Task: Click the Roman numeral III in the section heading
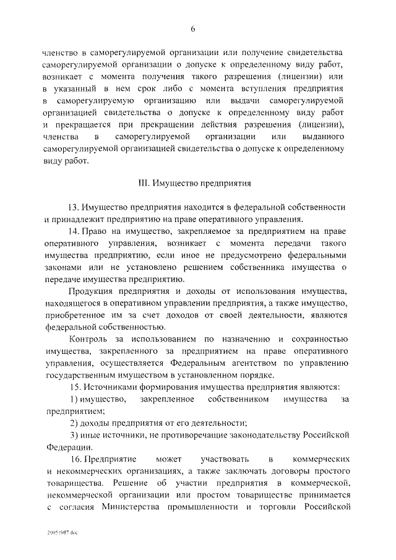pos(142,184)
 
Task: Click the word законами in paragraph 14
pos(62,267)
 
